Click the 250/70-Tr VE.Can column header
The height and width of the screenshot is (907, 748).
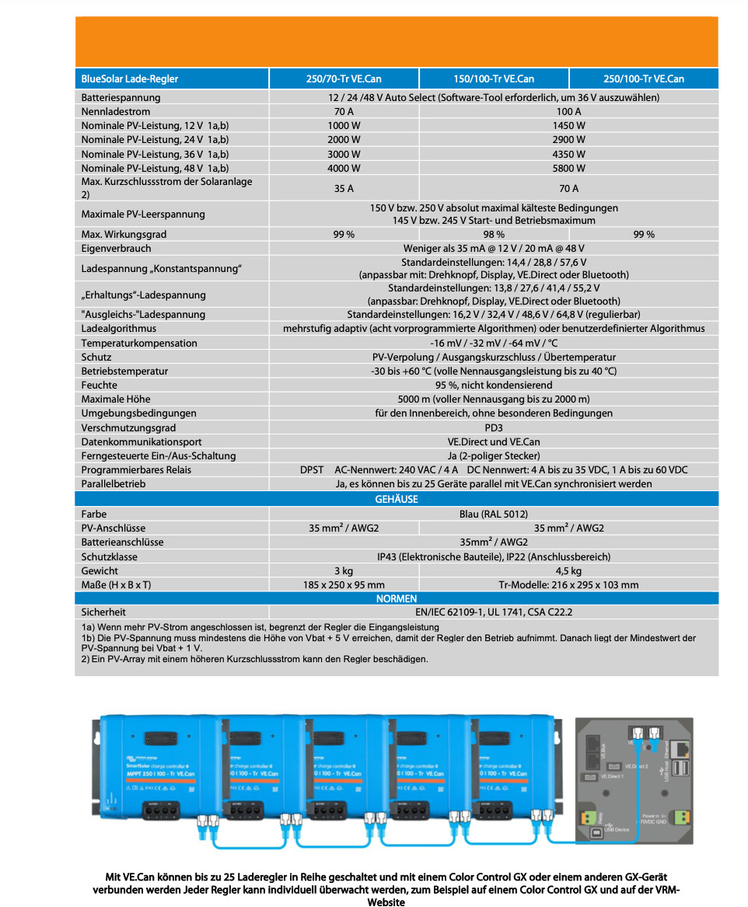[x=344, y=78]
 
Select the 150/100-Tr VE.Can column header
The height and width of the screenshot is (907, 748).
[x=494, y=78]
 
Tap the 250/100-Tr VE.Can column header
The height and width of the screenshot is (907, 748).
[x=644, y=78]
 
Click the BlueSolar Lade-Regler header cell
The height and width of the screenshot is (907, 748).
[x=130, y=78]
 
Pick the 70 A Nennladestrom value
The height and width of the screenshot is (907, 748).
[x=344, y=111]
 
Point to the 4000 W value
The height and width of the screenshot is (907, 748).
[x=344, y=167]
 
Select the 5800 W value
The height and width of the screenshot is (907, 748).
[x=569, y=167]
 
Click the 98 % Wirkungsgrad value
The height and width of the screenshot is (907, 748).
[x=494, y=234]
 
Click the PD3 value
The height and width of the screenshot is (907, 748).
[x=494, y=427]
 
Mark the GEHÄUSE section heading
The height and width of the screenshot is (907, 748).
[x=397, y=499]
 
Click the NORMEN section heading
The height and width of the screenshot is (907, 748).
[x=397, y=598]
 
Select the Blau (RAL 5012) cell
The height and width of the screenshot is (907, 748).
[x=494, y=514]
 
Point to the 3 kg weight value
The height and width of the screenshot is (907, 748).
[x=344, y=570]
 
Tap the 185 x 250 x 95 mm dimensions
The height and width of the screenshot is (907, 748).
[x=344, y=584]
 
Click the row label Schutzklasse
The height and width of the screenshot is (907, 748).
[x=110, y=556]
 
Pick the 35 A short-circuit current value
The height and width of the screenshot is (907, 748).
[x=344, y=188]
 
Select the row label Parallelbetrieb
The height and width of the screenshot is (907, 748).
[x=114, y=483]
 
